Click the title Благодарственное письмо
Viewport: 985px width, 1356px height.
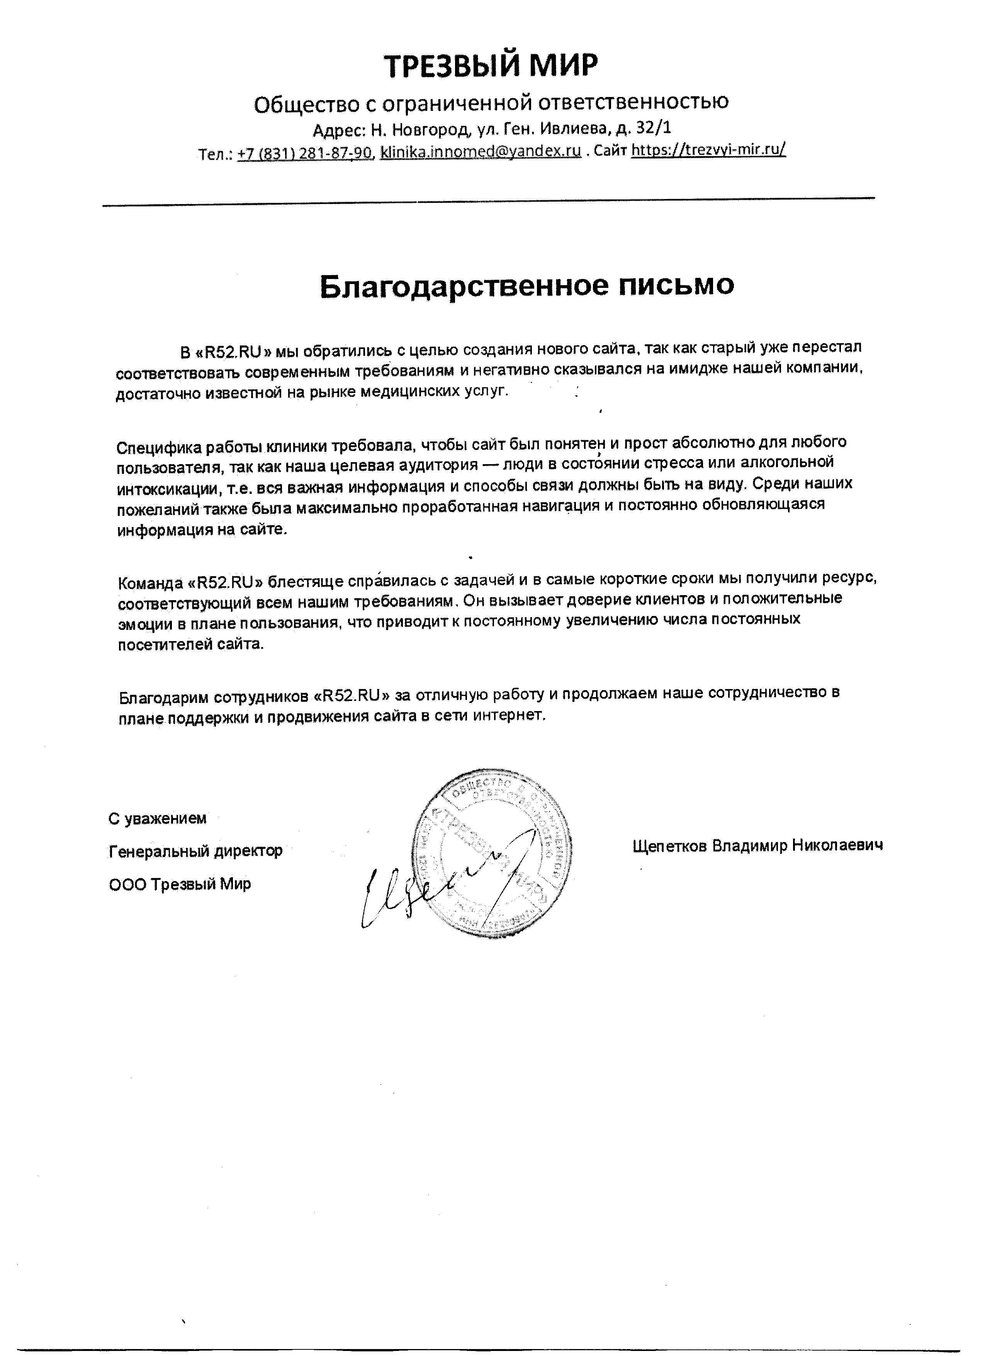[x=526, y=286]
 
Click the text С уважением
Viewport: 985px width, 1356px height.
[x=157, y=818]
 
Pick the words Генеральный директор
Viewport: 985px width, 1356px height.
[x=195, y=851]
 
